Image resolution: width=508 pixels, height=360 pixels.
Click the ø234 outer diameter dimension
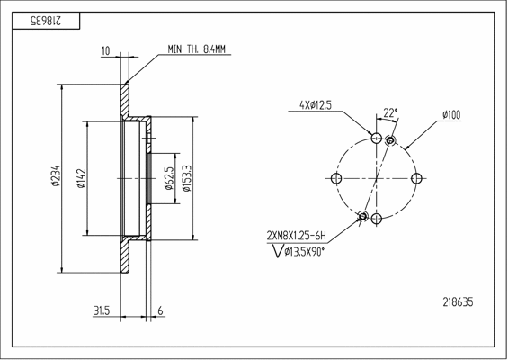(x=56, y=176)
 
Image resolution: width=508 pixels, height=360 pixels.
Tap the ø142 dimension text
(x=81, y=178)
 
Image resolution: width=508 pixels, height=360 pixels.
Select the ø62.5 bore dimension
(x=169, y=178)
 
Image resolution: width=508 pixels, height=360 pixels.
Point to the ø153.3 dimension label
(x=187, y=178)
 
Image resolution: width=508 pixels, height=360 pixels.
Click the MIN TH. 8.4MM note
(x=196, y=49)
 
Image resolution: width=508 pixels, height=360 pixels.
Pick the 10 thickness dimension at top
(x=106, y=51)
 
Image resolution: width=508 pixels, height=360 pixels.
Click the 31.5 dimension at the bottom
(x=102, y=310)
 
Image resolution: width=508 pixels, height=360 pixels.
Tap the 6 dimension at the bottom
(x=160, y=310)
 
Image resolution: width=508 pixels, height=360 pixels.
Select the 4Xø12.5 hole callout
(x=316, y=105)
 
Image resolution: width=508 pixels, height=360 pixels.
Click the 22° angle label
(x=390, y=112)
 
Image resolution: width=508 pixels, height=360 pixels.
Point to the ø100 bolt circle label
(x=451, y=115)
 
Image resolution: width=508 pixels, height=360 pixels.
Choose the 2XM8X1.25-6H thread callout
(x=296, y=236)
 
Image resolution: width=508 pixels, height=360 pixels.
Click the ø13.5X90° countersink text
(x=304, y=251)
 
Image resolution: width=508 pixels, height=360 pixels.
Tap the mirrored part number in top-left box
(x=46, y=21)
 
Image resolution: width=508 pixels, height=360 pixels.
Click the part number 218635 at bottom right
(x=458, y=302)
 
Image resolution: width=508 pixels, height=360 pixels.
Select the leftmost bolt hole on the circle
(x=336, y=178)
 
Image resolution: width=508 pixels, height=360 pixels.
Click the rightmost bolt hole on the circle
(x=416, y=178)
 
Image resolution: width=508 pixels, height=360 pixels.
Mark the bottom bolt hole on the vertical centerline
(x=376, y=219)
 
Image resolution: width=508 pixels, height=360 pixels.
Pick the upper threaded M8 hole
(x=391, y=140)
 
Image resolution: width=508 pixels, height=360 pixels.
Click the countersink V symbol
(x=278, y=251)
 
